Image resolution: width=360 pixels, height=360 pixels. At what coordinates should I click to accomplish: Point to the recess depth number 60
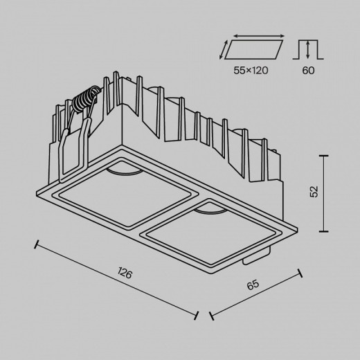tap(309, 69)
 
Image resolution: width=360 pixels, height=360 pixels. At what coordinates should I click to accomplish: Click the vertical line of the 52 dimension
tap(325, 193)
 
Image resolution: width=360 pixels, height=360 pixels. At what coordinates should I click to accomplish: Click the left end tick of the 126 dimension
tap(37, 244)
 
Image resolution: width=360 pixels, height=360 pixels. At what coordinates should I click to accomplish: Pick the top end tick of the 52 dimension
tap(325, 156)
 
